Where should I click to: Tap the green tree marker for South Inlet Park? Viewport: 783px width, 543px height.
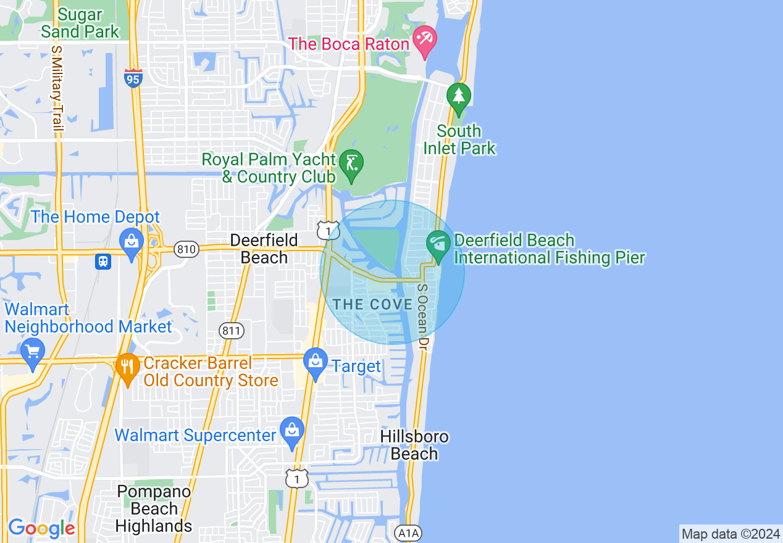(x=458, y=98)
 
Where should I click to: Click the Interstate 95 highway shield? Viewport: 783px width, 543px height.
(x=133, y=78)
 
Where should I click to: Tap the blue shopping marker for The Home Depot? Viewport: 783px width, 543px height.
(x=132, y=242)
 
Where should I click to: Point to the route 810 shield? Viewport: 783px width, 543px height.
(x=186, y=249)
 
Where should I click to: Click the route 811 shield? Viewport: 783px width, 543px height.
(x=232, y=331)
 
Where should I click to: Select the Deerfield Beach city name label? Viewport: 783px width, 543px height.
(x=264, y=249)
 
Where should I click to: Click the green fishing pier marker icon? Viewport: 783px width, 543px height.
(x=438, y=245)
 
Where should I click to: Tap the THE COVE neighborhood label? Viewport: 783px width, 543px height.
(x=373, y=304)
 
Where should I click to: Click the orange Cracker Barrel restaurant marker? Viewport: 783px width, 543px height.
(x=127, y=368)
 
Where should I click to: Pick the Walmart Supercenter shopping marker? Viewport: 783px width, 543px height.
(x=291, y=432)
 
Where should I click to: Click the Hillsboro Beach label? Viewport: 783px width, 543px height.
(x=414, y=446)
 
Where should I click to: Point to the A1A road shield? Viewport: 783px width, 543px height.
(x=408, y=533)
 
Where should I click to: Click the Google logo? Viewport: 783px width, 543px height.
(x=41, y=528)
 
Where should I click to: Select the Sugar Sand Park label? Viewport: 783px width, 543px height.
(x=80, y=22)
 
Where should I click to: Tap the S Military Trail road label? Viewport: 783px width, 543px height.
(x=57, y=90)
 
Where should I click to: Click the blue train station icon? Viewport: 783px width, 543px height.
(x=103, y=262)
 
